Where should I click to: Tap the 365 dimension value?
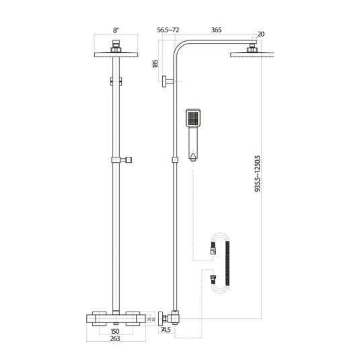pyautogui.click(x=217, y=30)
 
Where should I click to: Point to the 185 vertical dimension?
pyautogui.click(x=156, y=65)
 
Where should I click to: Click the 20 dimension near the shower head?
pyautogui.click(x=260, y=34)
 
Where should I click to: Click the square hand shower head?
pyautogui.click(x=192, y=120)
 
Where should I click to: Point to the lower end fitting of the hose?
pyautogui.click(x=213, y=277)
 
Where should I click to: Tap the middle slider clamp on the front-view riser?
pyautogui.click(x=120, y=160)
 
